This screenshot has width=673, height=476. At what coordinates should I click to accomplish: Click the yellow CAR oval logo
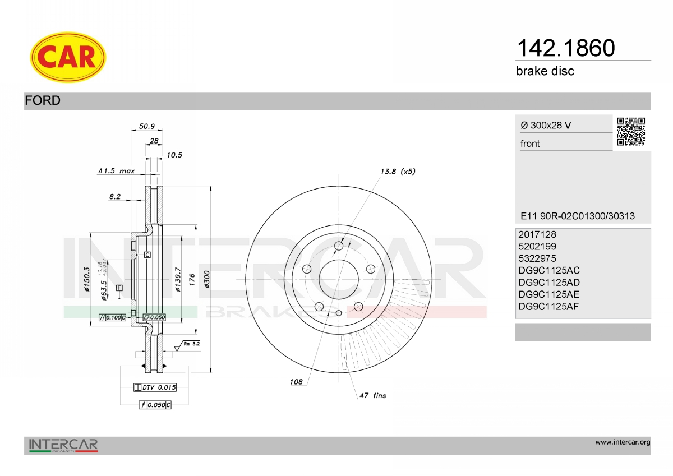(68, 57)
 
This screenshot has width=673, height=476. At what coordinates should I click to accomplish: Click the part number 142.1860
(566, 48)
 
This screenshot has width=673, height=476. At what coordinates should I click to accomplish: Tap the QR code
(631, 132)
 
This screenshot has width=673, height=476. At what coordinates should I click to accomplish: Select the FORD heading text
(43, 100)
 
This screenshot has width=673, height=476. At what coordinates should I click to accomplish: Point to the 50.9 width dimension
(146, 126)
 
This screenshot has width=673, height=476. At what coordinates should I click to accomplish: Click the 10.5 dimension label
(174, 155)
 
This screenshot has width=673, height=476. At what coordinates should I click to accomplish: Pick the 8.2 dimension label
(115, 197)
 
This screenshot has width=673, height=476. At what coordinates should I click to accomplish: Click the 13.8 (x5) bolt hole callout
(398, 172)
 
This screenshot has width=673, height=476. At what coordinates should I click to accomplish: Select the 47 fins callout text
(373, 395)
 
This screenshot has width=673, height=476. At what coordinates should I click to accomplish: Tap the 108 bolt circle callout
(296, 382)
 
